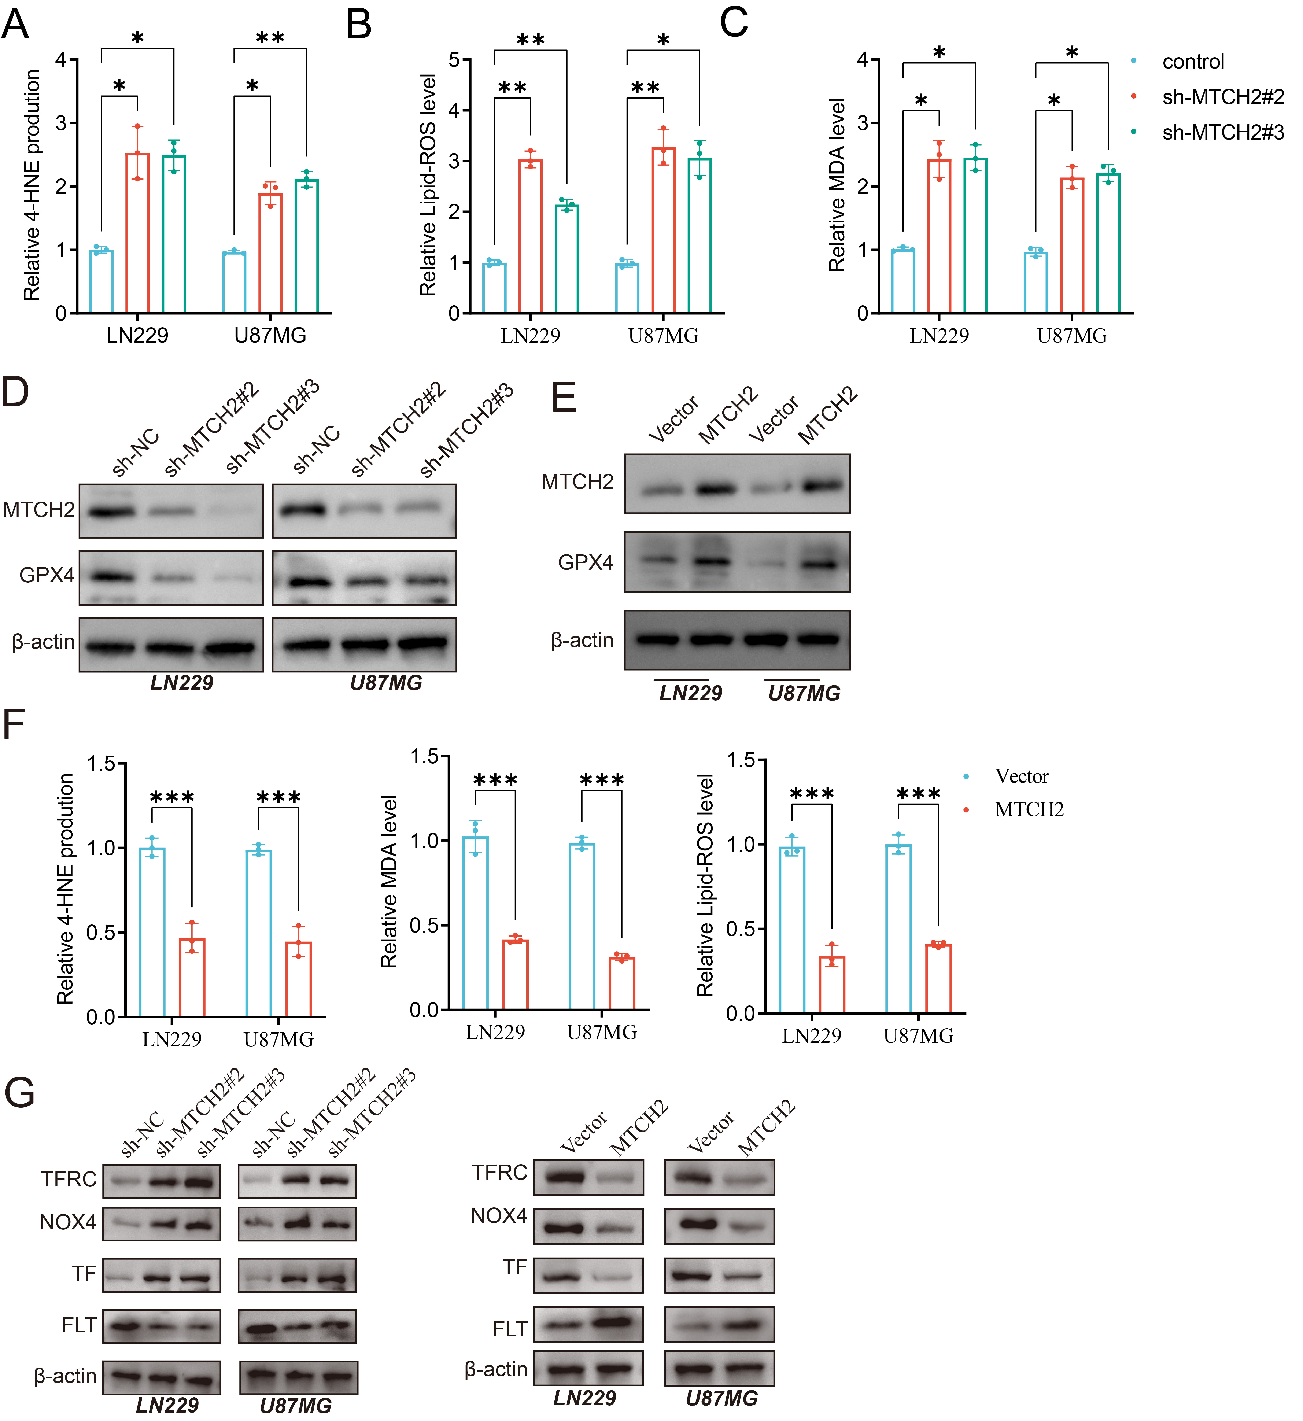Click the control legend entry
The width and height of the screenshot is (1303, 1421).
point(1193,62)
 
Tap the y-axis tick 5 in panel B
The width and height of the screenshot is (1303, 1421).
point(454,60)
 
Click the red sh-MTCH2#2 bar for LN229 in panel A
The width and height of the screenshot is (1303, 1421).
point(137,233)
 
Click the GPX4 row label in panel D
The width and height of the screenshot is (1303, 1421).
point(47,575)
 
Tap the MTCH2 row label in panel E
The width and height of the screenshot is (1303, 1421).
point(577,482)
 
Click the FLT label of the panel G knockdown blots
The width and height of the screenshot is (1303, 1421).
point(79,1326)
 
